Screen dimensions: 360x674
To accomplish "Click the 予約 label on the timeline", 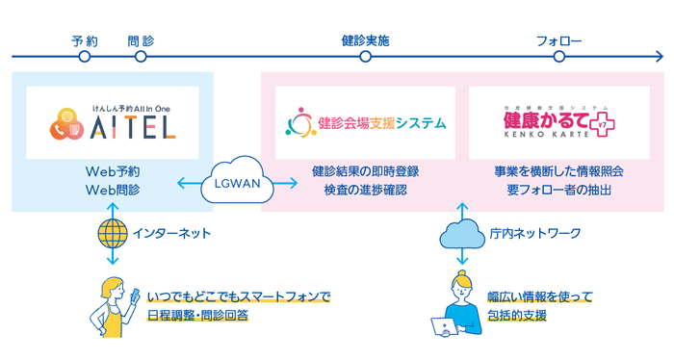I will tap(85, 41).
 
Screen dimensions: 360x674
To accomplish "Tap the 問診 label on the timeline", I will tap(141, 41).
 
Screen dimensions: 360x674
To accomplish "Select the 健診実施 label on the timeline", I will tap(365, 41).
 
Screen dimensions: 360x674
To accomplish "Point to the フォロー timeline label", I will tap(558, 41).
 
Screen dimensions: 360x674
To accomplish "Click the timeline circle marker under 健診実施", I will tap(365, 57).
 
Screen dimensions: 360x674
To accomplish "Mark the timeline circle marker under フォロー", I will tap(558, 57).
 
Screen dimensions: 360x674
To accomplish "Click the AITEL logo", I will tap(113, 122).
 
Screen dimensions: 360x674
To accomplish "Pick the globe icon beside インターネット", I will tap(113, 233).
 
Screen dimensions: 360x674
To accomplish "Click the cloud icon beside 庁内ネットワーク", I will tap(461, 233).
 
